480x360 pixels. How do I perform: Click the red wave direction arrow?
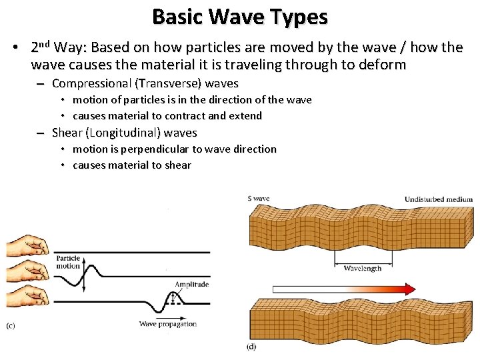tap(344, 289)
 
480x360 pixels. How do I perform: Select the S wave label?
tap(258, 199)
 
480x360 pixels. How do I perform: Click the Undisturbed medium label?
tap(438, 199)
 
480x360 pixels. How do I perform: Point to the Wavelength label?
tap(363, 268)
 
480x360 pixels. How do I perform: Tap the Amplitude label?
tap(191, 284)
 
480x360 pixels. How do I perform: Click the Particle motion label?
tap(68, 262)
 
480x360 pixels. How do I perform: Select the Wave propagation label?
tap(168, 324)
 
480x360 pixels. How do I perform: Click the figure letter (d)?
tap(251, 346)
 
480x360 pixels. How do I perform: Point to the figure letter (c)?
tap(11, 325)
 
